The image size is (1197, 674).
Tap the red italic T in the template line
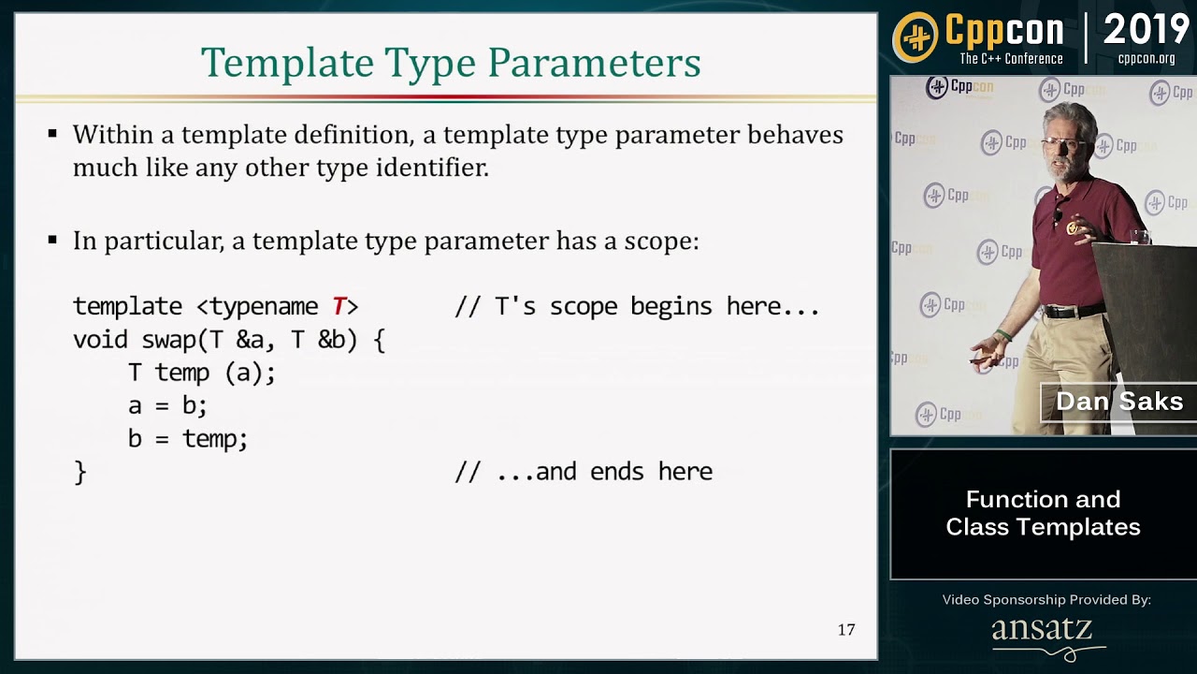click(339, 306)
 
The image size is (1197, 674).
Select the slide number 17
click(845, 630)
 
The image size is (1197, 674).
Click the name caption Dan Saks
click(1118, 402)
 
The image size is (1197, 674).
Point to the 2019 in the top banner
click(1146, 31)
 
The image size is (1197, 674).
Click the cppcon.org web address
click(1146, 59)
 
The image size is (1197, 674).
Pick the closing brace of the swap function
click(79, 472)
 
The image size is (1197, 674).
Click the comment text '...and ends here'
click(604, 472)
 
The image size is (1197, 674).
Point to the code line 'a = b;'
click(167, 405)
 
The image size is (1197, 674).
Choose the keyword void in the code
click(100, 340)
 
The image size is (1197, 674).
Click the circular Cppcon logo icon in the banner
click(915, 37)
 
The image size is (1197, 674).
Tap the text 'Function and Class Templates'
click(1043, 513)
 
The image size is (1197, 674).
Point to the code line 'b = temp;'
click(187, 439)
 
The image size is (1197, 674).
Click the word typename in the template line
click(265, 306)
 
